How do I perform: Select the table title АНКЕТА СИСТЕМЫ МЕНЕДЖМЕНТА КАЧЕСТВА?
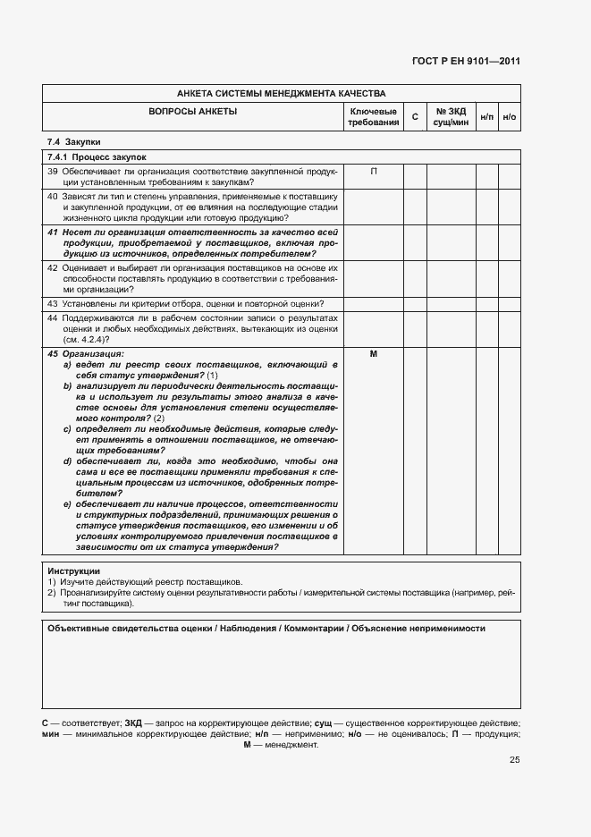281,93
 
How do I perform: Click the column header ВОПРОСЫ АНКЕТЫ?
192,112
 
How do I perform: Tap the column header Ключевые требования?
373,117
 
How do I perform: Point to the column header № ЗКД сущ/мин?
452,117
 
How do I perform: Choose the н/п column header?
486,117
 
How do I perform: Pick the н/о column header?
510,117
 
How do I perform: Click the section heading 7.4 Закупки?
74,142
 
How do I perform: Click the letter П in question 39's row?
373,171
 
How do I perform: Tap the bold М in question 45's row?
373,354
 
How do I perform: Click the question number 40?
53,195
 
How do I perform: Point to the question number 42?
53,267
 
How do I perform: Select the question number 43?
53,304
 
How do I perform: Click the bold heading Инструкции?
73,571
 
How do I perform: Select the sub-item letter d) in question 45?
67,461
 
